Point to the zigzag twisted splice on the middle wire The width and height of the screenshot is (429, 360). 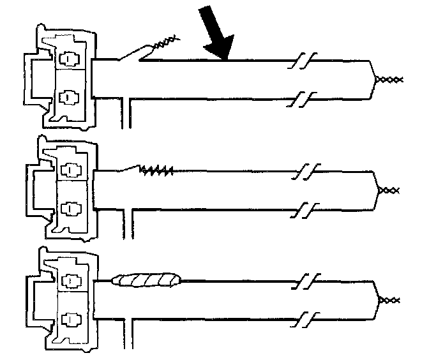click(156, 170)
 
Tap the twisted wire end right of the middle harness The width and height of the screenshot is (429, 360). click(390, 190)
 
